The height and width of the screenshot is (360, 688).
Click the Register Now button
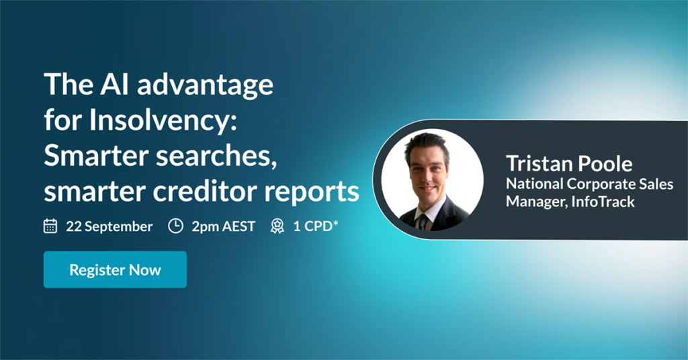point(115,269)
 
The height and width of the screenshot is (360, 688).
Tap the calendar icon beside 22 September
point(50,226)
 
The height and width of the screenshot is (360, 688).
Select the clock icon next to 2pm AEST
point(175,226)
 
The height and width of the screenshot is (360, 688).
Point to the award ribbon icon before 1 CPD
point(277,226)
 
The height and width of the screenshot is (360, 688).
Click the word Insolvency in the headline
point(163,120)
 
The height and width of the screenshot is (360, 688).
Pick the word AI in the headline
point(114,84)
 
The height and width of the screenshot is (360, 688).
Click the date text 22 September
point(110,226)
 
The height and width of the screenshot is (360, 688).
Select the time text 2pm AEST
point(223,226)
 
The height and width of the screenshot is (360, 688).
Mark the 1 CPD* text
point(316,226)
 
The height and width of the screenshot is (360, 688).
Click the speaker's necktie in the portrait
point(422,222)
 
